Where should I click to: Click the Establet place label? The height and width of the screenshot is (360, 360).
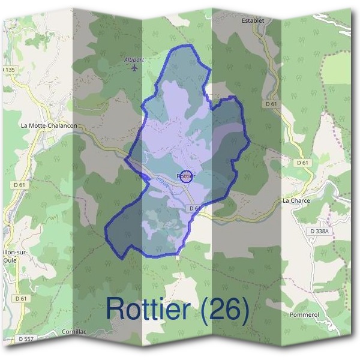[x=253, y=20]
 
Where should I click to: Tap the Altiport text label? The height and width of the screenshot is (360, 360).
[x=133, y=59]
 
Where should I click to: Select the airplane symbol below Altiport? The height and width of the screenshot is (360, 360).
[x=133, y=67]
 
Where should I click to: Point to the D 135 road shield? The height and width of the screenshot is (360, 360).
[x=8, y=70]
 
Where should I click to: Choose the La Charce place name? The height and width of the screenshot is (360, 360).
[x=296, y=201]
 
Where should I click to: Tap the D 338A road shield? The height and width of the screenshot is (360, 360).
[x=321, y=231]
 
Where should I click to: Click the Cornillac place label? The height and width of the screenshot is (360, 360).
[x=74, y=331]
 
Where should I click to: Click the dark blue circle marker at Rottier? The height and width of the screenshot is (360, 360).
[x=186, y=176]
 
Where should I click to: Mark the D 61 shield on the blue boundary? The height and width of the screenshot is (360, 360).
[x=193, y=208]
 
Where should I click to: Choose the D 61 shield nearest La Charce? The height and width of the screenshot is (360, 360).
[x=302, y=163]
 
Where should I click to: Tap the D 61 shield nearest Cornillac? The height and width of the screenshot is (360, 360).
[x=21, y=298]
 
